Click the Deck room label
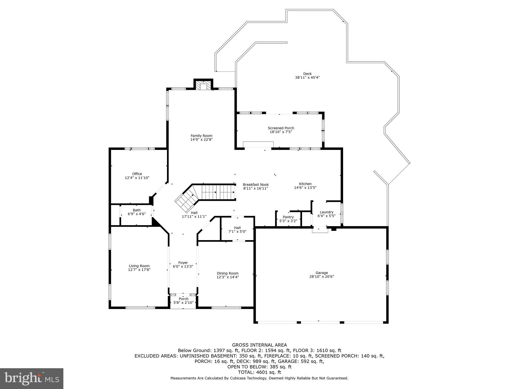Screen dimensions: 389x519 307,74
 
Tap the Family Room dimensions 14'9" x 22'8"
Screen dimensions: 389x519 201,140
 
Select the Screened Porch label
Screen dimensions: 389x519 281,128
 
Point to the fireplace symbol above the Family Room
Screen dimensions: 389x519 203,86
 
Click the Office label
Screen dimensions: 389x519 137,174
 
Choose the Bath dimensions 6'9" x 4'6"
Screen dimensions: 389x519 137,214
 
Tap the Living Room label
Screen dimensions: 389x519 139,266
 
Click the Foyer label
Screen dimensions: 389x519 183,263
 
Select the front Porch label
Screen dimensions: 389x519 183,299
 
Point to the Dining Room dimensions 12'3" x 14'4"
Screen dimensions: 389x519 228,277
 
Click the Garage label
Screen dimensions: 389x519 322,273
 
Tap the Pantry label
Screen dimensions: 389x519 288,217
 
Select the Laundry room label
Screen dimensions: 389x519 326,212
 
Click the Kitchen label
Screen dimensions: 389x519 305,184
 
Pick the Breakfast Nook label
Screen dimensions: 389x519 256,185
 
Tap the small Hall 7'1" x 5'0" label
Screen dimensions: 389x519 237,228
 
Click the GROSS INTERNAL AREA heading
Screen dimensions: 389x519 259,345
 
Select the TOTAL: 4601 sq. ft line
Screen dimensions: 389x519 259,372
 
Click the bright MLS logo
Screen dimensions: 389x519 32,378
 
